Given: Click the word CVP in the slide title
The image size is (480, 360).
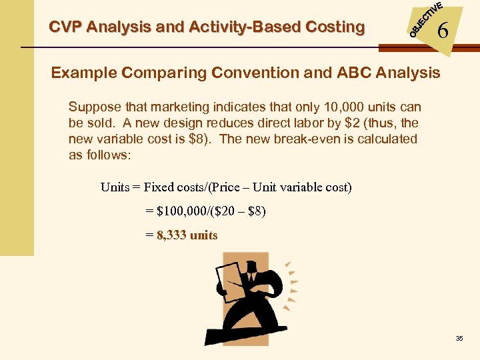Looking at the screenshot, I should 65,27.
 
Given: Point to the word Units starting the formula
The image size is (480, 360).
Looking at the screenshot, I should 115,187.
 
